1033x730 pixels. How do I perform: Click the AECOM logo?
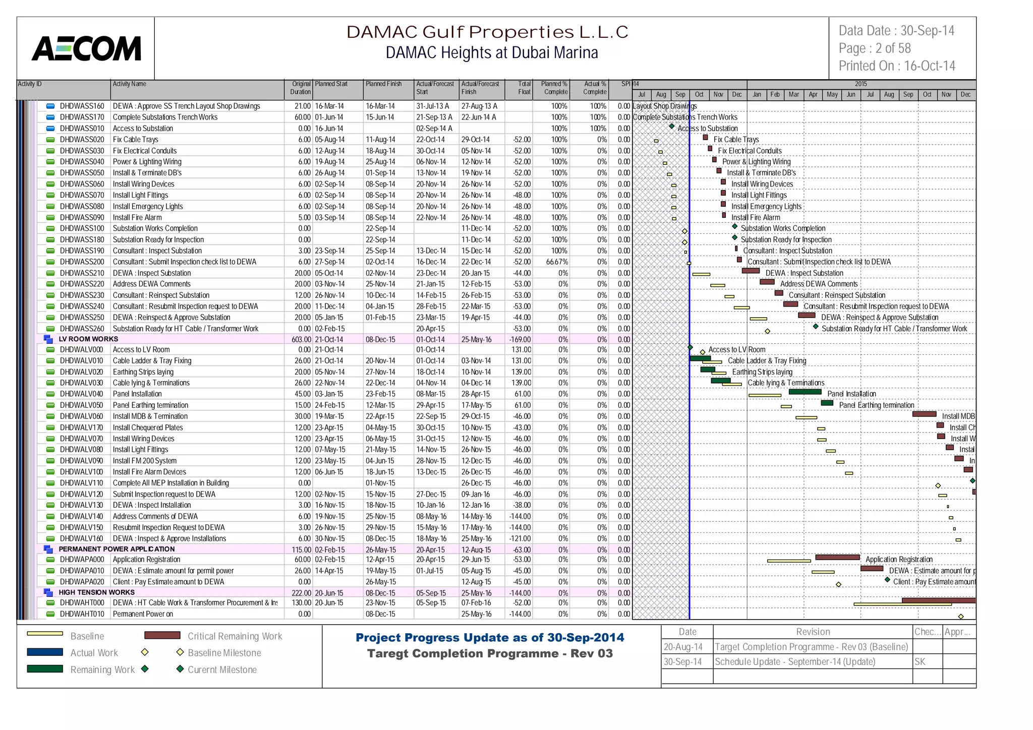tap(86, 48)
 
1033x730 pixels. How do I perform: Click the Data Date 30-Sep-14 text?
tap(896, 31)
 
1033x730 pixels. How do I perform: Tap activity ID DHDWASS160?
tap(82, 106)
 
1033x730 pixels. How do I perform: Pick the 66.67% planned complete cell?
tap(557, 262)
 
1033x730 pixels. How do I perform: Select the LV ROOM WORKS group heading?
tap(88, 339)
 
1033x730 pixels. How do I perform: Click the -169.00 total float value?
tap(520, 340)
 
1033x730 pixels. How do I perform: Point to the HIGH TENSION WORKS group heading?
tap(96, 592)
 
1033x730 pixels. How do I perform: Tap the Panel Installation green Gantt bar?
tap(805, 392)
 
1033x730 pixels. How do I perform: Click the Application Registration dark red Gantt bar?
tap(837, 557)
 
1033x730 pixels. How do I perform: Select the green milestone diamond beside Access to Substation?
tap(672, 127)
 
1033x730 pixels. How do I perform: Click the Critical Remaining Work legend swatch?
tap(162, 635)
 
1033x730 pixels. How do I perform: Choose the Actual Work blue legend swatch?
tap(45, 652)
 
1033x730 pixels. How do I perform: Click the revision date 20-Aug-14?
tap(683, 647)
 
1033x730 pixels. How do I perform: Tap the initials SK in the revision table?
tap(920, 662)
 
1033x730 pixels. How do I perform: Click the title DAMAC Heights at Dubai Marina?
tap(491, 53)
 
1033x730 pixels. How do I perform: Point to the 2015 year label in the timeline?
tap(860, 84)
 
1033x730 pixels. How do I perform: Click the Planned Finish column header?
tap(384, 84)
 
